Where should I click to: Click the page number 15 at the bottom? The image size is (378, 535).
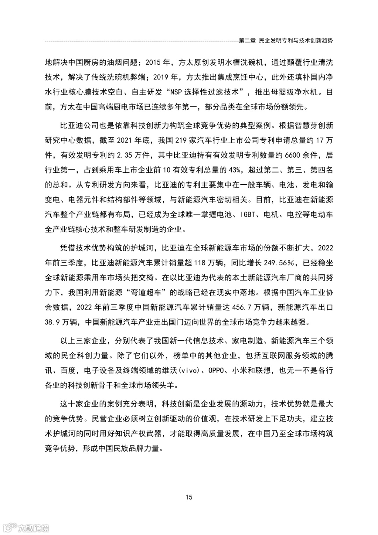coord(189,497)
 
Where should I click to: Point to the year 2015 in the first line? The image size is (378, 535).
coord(153,63)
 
